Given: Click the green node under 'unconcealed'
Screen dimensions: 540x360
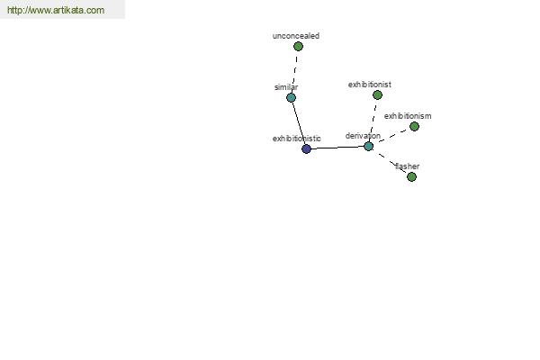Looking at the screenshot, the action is tap(298, 47).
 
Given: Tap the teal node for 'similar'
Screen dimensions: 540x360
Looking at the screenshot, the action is tap(291, 98).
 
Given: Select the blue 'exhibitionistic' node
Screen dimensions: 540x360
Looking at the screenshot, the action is tap(306, 148).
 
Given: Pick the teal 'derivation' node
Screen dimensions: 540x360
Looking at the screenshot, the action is tap(368, 147).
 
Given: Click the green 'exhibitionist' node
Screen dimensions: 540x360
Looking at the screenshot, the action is tap(377, 95).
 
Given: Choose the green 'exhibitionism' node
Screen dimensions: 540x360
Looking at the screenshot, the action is tap(414, 126).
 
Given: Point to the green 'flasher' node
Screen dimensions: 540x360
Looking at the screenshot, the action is tap(411, 176).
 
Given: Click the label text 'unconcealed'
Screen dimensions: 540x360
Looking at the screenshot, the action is tap(296, 36).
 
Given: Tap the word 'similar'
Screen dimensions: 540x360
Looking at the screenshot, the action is tap(286, 87).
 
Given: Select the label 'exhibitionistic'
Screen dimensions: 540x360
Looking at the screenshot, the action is tap(296, 139).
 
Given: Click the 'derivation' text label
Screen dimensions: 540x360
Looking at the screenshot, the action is tap(363, 136).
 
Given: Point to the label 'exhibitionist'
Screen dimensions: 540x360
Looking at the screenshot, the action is tap(370, 85).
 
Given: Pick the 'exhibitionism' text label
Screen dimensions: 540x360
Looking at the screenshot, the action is tap(408, 116).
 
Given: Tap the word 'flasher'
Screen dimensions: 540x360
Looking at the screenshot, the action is tap(407, 166).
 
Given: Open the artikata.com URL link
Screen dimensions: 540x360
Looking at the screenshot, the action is tap(56, 10).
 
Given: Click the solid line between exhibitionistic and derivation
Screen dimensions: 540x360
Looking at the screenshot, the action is tap(337, 148).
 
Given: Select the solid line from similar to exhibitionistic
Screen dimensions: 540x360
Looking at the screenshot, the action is tap(299, 123).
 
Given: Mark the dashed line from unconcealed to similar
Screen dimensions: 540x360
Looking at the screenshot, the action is tap(295, 72).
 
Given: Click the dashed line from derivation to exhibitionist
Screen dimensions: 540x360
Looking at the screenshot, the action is tap(373, 121).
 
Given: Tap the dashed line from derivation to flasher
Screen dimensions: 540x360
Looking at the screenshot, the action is tap(390, 162).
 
